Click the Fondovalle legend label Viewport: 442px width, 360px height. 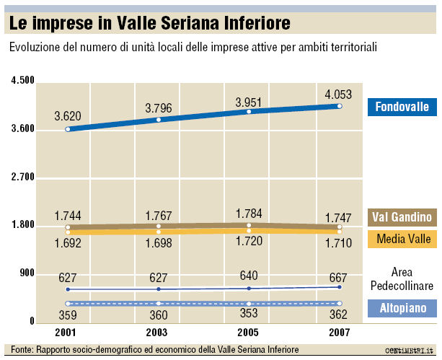click(402, 107)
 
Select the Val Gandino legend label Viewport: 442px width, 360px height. click(402, 216)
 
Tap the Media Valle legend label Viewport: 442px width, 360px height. click(402, 238)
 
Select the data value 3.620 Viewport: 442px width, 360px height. click(68, 115)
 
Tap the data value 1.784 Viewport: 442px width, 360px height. click(249, 214)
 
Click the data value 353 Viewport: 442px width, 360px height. click(249, 315)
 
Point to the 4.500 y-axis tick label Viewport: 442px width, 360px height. click(23, 81)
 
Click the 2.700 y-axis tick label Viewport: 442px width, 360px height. click(23, 177)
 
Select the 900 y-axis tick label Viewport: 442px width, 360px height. click(27, 273)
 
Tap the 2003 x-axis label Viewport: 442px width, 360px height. click(157, 333)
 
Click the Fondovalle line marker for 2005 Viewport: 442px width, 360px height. click(249, 112)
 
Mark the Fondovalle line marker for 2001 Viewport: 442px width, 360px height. click(68, 129)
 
